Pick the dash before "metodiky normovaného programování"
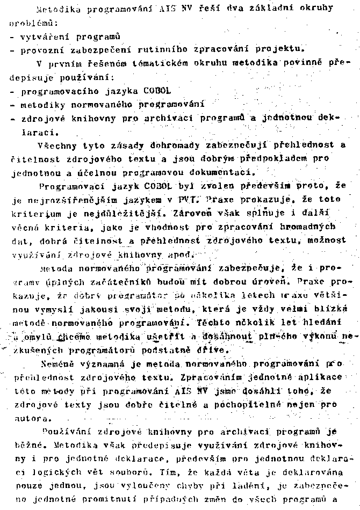click(12, 104)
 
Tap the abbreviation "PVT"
click(184, 199)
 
